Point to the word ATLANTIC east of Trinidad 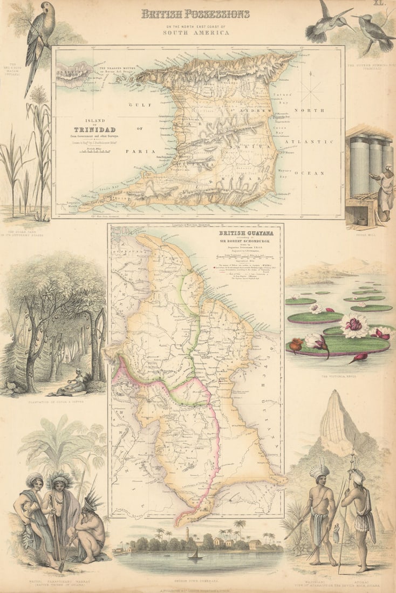pos(313,141)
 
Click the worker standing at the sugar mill pos(386,191)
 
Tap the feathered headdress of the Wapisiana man pos(319,470)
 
